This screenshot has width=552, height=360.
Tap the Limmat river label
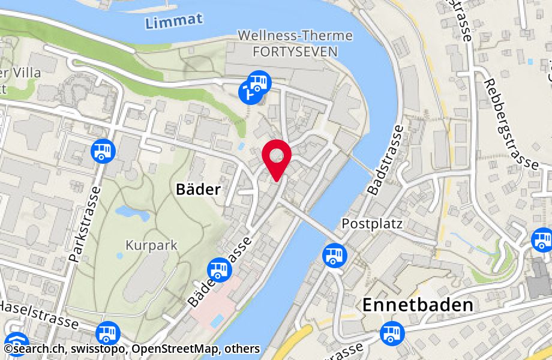[x=173, y=21]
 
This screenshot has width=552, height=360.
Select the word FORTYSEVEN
[x=295, y=52]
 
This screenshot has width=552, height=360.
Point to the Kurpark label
[x=143, y=245]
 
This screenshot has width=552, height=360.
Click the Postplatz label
[x=371, y=223]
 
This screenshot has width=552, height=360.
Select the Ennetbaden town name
[x=418, y=305]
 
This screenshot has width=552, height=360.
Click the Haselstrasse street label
[x=39, y=315]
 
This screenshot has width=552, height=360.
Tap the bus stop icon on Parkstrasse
[x=103, y=150]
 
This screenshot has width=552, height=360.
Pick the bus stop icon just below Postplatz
[x=334, y=255]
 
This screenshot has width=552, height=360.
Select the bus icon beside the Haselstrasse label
[x=108, y=333]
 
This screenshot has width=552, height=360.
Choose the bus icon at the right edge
[x=542, y=240]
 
